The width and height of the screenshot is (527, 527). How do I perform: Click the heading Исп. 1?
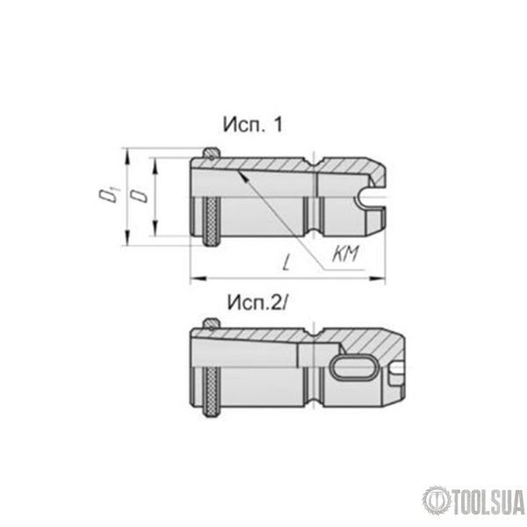pyautogui.click(x=253, y=125)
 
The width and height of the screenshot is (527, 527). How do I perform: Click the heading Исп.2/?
pyautogui.click(x=257, y=302)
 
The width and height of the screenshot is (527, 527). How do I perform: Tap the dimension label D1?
pyautogui.click(x=109, y=196)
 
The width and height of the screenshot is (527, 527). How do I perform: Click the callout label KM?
pyautogui.click(x=345, y=253)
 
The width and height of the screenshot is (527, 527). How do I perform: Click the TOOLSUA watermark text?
pyautogui.click(x=488, y=502)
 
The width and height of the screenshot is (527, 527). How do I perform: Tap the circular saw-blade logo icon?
pyautogui.click(x=437, y=502)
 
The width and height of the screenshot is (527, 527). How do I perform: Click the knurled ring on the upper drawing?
pyautogui.click(x=212, y=222)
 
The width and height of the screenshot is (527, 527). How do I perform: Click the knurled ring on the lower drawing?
pyautogui.click(x=212, y=392)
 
